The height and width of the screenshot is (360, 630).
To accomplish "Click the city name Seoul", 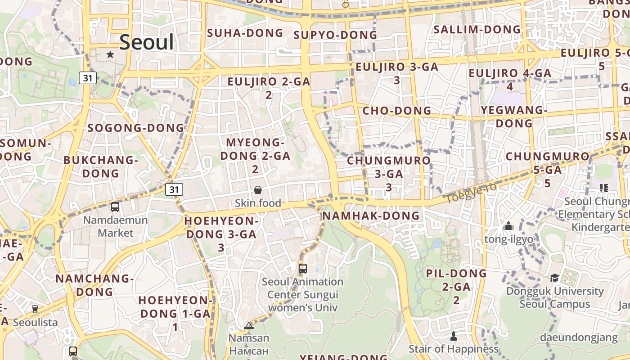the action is tap(146, 42).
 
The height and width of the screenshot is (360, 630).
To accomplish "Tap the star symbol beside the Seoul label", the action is tap(110, 54).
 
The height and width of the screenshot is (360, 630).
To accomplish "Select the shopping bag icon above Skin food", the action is tap(258, 190).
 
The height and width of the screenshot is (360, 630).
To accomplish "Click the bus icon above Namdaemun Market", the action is tap(115, 207).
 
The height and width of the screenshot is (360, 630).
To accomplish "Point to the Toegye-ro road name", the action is tap(471, 192).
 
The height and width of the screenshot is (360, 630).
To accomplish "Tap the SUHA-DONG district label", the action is tap(245, 33).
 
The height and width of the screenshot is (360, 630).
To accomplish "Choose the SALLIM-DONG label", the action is tap(477, 30).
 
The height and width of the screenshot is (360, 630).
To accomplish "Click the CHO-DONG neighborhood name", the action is tap(397, 111).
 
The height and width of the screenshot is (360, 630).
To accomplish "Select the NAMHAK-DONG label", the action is tap(371, 216).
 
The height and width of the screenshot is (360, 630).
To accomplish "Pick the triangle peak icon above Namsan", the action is tap(249, 325).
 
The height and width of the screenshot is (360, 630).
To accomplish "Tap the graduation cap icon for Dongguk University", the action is tap(554, 278).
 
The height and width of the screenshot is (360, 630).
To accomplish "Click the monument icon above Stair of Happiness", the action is tap(454, 336).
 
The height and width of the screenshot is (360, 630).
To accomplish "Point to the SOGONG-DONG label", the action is tap(136, 128).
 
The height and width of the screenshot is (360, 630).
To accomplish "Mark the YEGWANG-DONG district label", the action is tap(513, 117).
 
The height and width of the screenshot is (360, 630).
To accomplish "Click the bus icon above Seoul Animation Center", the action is tap(303, 269).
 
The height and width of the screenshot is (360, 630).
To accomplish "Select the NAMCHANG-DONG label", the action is tap(94, 285).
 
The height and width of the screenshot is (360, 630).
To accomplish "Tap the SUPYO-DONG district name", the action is tap(335, 35).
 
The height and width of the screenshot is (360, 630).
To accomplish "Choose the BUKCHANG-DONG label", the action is tap(100, 166).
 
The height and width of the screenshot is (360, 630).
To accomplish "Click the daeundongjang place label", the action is tap(579, 337).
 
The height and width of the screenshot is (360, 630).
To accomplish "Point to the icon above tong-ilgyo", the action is tap(508, 226).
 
